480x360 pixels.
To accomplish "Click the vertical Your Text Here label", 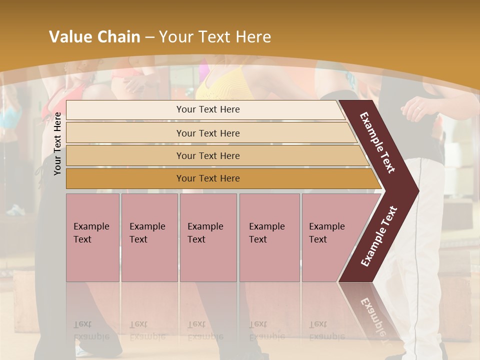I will coord(58,144).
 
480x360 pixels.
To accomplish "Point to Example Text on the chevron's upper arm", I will coord(377,142).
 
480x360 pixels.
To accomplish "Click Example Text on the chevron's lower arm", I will coord(379,236).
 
